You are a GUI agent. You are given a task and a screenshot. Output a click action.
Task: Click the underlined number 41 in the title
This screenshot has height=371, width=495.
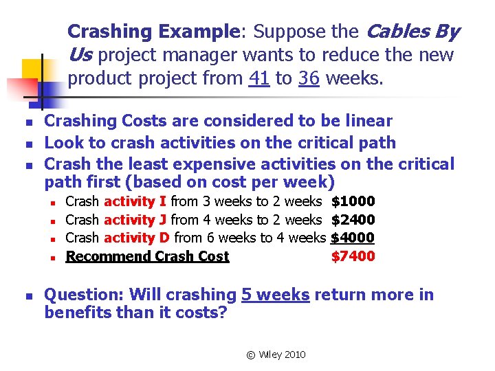coord(259,78)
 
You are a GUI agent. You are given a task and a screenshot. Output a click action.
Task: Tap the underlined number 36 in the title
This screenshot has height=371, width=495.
coord(309,78)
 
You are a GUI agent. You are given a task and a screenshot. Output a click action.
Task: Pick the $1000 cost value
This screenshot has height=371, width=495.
coord(353,201)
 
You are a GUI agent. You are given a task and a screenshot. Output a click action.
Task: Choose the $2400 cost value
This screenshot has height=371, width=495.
coord(353,220)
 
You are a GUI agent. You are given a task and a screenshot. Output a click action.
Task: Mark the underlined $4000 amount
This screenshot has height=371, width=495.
coord(353,238)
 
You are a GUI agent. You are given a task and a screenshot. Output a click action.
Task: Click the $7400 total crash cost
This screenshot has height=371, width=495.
coord(353,257)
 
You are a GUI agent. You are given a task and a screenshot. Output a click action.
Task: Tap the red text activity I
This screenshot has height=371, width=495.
coord(135,201)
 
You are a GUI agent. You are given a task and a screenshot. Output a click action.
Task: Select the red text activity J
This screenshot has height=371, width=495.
coord(135,220)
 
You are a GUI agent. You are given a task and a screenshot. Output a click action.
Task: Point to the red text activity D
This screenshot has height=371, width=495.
coord(136,238)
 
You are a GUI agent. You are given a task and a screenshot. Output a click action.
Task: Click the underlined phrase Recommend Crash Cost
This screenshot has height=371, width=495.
coord(147,257)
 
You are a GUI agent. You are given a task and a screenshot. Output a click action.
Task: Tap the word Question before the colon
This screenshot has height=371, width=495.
coord(81,295)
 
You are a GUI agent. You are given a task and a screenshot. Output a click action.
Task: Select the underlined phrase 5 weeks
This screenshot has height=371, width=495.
coord(275,295)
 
